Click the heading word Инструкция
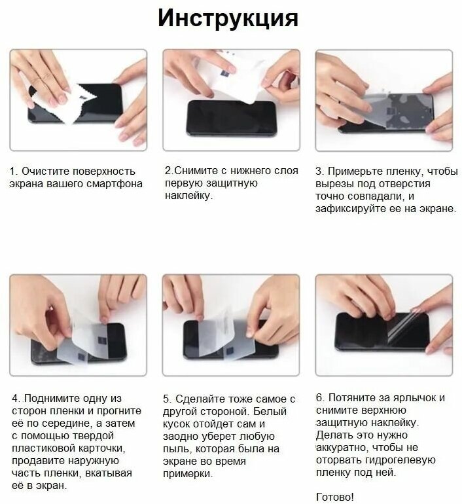pos(228,18)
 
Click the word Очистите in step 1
pos(46,171)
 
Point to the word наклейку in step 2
pos(188,196)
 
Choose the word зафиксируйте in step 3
pos(351,209)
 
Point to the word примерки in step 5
pos(188,473)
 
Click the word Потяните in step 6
pos(352,398)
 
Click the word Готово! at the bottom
pos(335,497)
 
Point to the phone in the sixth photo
pos(382,331)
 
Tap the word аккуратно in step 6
pos(342,448)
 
